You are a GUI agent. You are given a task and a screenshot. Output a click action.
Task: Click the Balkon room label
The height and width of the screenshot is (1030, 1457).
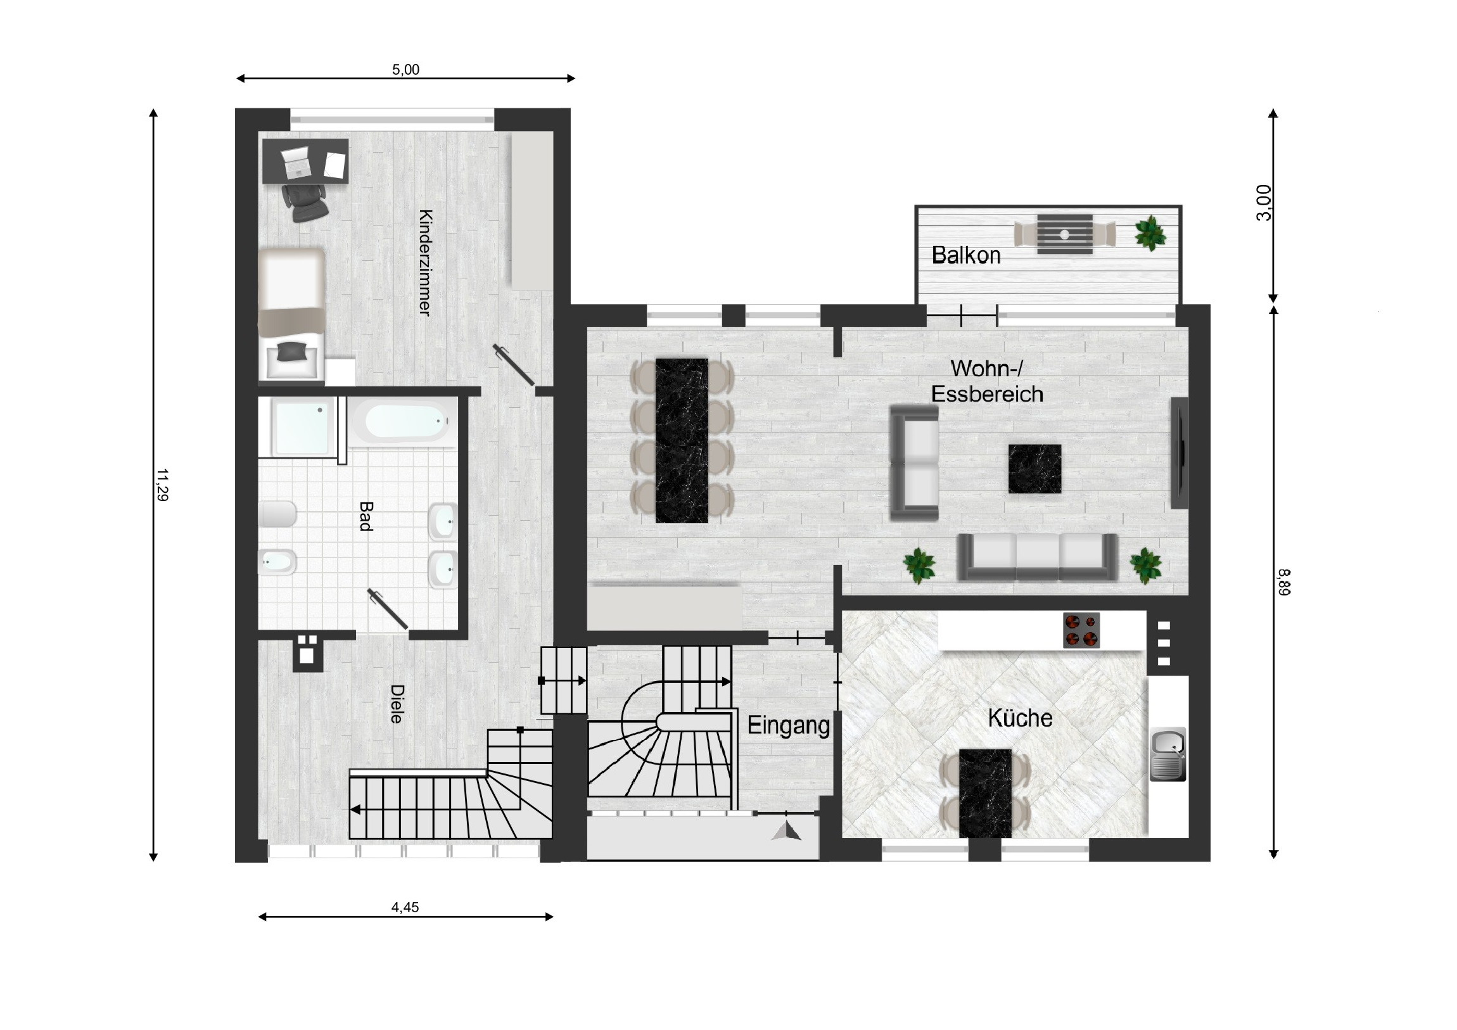coord(966,255)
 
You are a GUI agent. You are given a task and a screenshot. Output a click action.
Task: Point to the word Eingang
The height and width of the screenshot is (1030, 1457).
coord(788,725)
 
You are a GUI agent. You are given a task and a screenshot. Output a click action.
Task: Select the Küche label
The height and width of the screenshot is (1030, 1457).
coord(1020,718)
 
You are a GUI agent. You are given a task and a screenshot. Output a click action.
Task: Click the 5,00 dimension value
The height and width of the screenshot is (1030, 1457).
coord(405,70)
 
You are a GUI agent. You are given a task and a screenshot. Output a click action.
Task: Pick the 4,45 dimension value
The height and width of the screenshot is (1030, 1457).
coord(405,908)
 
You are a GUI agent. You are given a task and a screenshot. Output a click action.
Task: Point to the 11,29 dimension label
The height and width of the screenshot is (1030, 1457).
coord(162,485)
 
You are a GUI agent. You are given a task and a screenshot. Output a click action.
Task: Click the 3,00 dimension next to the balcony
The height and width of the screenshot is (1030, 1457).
coord(1264,203)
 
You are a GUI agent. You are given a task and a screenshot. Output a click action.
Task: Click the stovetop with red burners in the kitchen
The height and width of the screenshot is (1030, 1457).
coord(1081,630)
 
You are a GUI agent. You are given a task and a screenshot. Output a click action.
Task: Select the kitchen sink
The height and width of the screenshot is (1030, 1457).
coord(1168,753)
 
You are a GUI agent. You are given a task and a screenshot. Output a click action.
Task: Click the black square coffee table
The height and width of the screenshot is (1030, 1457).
coord(1034,468)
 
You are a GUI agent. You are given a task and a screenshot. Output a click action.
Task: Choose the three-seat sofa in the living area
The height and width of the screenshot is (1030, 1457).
coord(1037,557)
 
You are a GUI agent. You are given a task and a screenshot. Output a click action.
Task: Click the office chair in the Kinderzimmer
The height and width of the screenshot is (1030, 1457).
coord(306,201)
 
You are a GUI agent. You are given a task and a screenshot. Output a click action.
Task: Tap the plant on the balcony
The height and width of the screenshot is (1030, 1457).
coord(1150,232)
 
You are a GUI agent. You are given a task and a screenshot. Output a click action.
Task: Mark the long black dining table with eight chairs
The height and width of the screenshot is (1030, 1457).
coord(682,440)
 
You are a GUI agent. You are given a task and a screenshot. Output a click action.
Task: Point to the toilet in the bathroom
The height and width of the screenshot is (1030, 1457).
coord(277,514)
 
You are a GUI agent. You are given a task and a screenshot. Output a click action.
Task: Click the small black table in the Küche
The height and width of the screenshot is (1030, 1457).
coord(985,793)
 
